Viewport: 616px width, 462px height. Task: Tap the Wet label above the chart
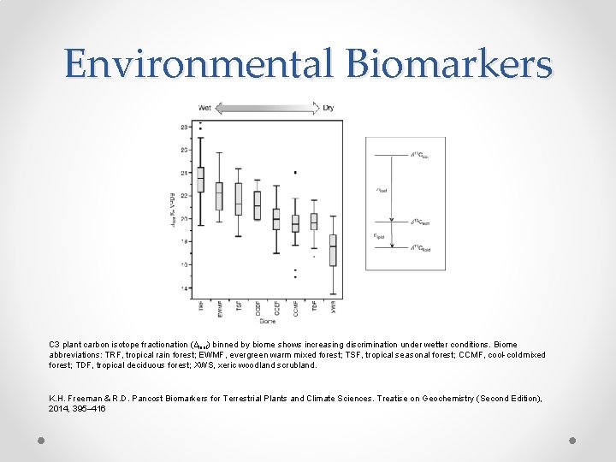[x=205, y=108]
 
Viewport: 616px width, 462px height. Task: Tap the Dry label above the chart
[x=329, y=108]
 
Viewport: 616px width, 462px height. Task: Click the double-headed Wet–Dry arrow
[x=267, y=108]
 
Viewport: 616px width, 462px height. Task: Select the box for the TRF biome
[x=201, y=180]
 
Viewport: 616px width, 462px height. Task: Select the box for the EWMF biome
[x=220, y=196]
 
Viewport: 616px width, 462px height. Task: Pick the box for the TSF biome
[x=239, y=198]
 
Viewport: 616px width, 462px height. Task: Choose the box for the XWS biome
[x=333, y=250]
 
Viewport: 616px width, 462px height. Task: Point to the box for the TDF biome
[x=314, y=221]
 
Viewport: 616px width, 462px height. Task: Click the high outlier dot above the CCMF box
[x=295, y=173]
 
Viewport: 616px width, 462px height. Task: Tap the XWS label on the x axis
[x=333, y=308]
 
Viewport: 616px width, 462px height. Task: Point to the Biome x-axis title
[x=267, y=323]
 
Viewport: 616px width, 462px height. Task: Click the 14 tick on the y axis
[x=186, y=288]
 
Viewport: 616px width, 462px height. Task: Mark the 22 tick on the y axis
[x=186, y=196]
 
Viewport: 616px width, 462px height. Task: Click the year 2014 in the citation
[x=57, y=409]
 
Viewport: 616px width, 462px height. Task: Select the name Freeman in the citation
[x=83, y=399]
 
